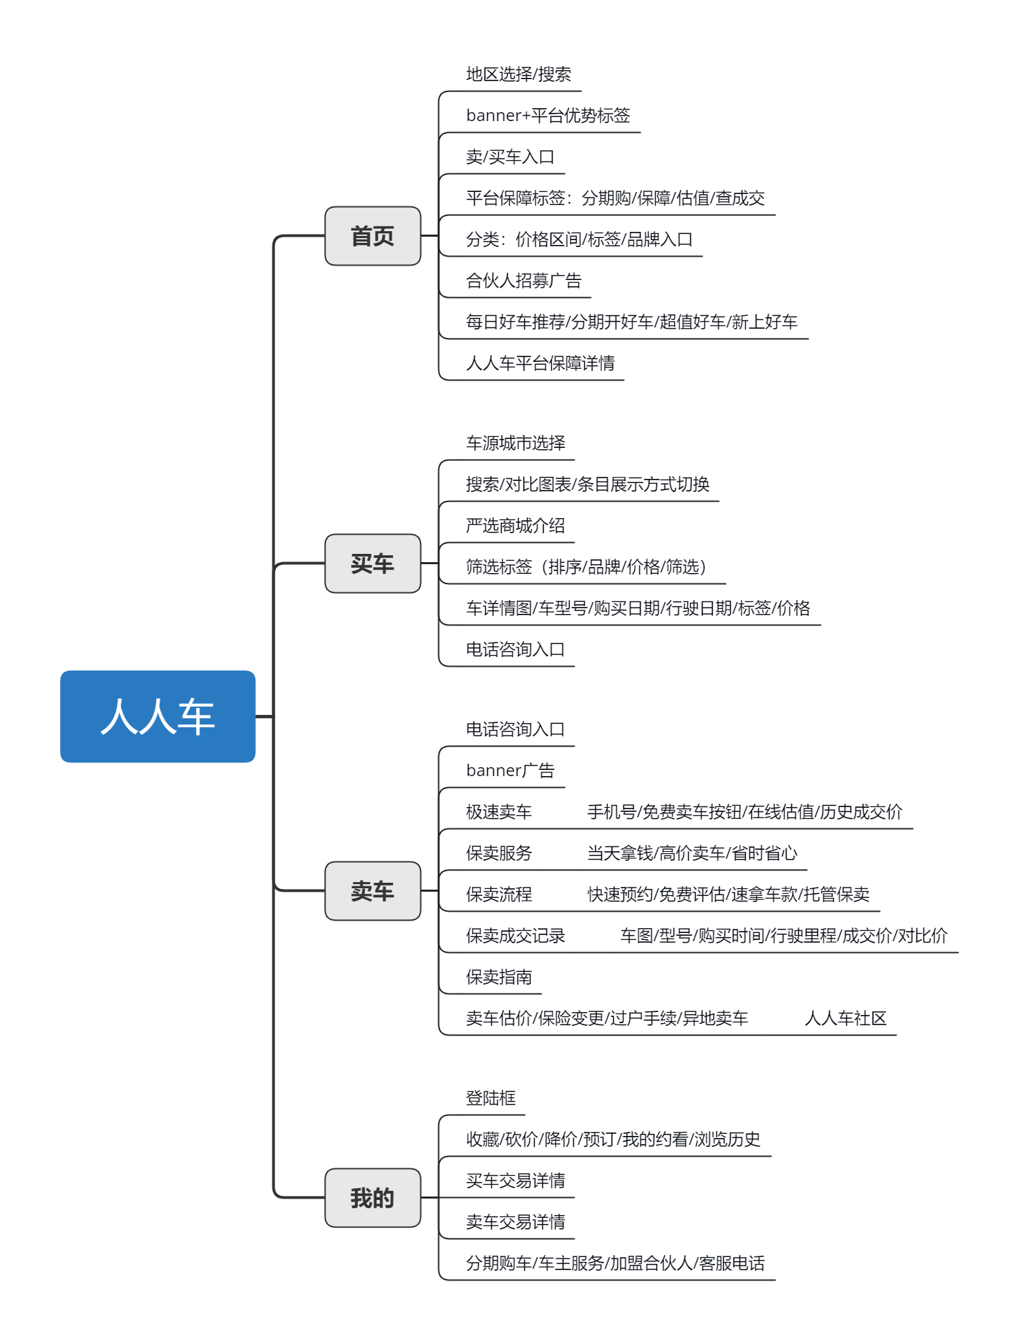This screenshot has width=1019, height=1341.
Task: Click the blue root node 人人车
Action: tap(158, 716)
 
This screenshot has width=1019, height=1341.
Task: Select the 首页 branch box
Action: tap(372, 236)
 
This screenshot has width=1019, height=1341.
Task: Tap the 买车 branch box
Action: tap(372, 564)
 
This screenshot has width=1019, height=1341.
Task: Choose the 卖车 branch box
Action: tap(372, 891)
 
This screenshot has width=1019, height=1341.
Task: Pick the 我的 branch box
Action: tap(372, 1198)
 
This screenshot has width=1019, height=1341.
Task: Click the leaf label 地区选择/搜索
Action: tap(519, 74)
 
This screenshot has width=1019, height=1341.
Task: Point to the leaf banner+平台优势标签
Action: tap(548, 116)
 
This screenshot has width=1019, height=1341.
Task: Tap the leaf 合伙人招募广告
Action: tap(524, 281)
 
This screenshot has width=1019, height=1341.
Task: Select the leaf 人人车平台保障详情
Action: tap(540, 363)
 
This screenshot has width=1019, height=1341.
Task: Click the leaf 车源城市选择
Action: tap(515, 443)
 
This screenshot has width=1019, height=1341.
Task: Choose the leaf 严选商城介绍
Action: tap(515, 526)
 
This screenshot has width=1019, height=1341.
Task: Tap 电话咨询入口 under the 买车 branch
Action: tap(515, 650)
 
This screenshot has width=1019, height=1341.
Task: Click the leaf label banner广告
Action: tap(511, 771)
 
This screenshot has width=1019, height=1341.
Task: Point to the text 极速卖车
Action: tap(499, 812)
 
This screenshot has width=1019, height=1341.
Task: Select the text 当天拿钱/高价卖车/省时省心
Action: tap(692, 853)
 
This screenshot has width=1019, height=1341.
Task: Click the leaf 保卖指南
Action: tap(499, 977)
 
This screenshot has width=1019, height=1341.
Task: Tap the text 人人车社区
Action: tap(846, 1018)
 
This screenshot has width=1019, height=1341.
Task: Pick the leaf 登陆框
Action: tap(491, 1098)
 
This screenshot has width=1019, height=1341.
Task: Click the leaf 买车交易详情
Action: tap(515, 1181)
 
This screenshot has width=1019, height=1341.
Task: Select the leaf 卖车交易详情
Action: tap(515, 1222)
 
